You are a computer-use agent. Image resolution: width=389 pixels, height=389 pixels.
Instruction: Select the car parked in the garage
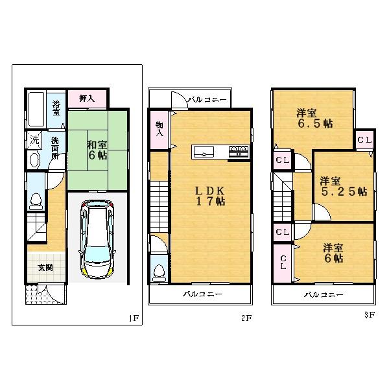click(95, 237)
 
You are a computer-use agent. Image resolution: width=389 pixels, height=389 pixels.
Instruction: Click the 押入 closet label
click(87, 99)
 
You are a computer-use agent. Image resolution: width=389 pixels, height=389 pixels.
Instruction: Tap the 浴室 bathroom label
click(56, 107)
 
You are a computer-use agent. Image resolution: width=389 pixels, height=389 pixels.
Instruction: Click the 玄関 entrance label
click(45, 268)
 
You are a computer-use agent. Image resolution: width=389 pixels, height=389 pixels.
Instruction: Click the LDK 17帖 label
click(211, 196)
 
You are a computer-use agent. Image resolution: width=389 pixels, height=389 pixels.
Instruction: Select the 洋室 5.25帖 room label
click(342, 186)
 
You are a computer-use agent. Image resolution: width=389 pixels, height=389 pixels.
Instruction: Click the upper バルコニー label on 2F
click(207, 100)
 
